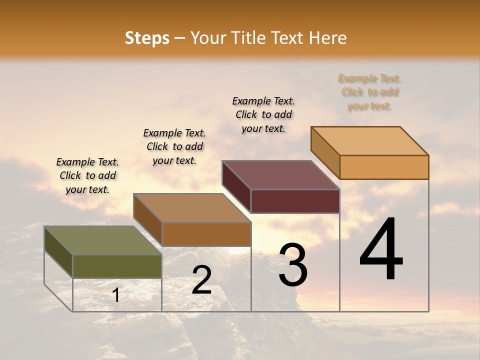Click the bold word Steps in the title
tap(147, 38)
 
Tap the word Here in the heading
tap(328, 38)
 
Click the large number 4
tap(381, 250)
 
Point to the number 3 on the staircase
tap(293, 265)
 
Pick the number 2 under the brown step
tap(201, 280)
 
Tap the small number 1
tap(116, 295)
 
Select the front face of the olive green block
tap(117, 266)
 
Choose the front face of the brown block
tap(206, 234)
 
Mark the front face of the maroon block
tap(295, 201)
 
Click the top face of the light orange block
tap(369, 141)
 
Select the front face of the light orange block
tap(384, 167)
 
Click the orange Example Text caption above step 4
tap(369, 92)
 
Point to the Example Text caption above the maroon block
tap(263, 114)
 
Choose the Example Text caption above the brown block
tap(174, 146)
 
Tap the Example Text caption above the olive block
tap(87, 175)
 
